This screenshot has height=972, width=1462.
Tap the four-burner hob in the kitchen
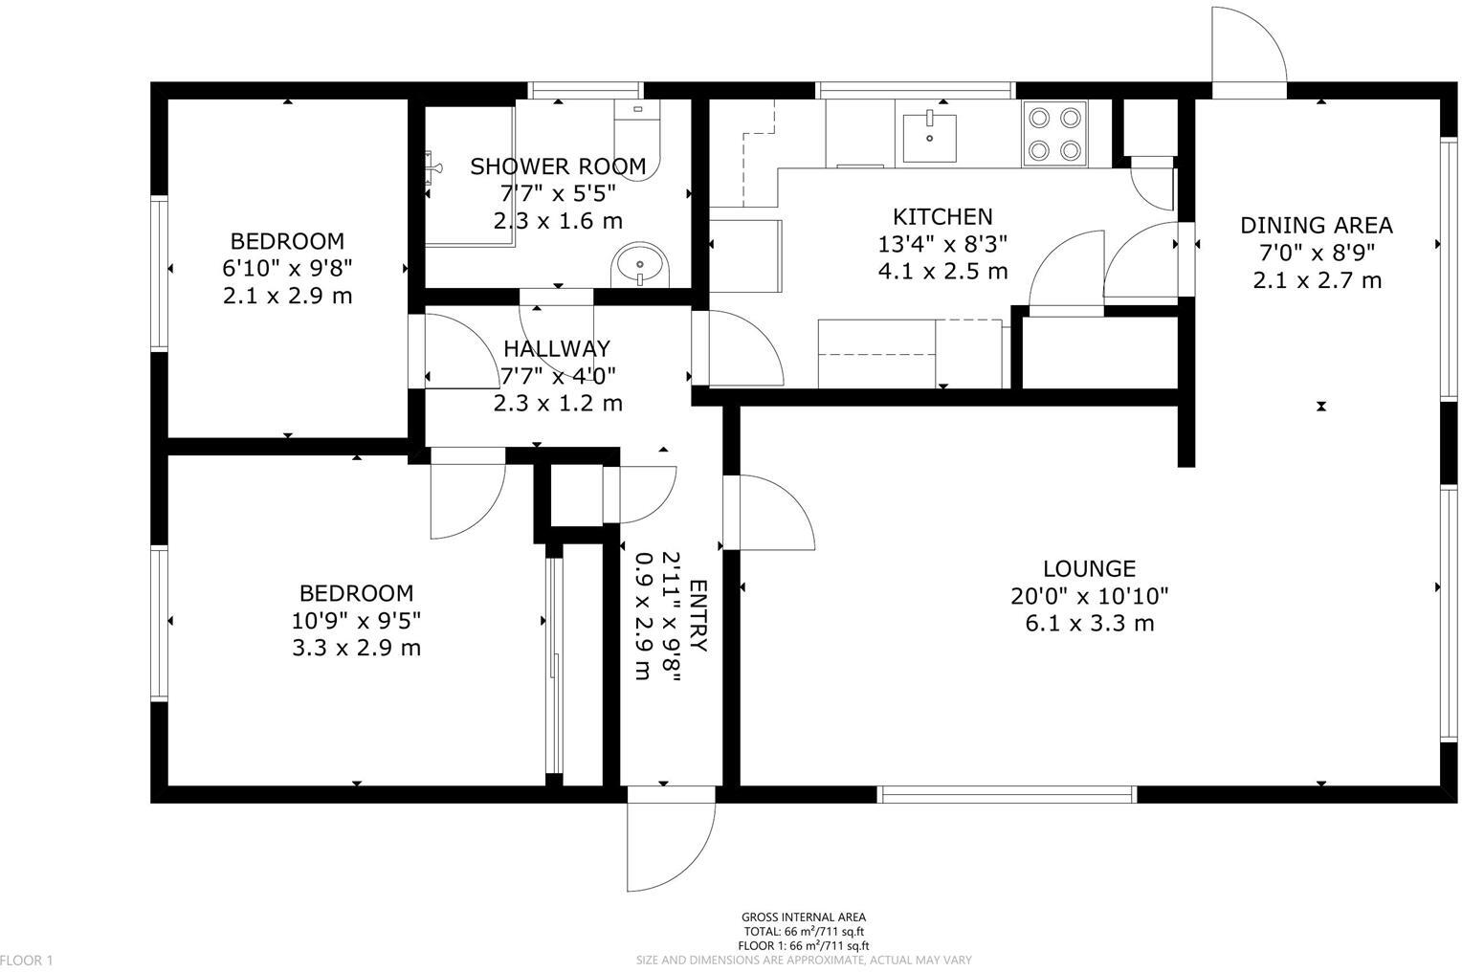(1053, 133)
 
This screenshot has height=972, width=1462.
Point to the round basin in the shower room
(640, 265)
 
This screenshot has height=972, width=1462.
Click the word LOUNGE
(1089, 568)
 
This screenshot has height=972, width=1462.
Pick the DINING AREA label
(1317, 226)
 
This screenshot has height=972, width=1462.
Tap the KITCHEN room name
(942, 216)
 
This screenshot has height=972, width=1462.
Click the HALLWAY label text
(557, 348)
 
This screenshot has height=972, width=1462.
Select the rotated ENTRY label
(698, 616)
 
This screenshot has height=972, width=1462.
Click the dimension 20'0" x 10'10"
(1089, 596)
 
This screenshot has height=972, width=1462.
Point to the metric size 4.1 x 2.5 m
(942, 272)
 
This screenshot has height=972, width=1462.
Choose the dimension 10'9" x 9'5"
(356, 620)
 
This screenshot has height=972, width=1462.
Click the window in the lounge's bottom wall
(1008, 794)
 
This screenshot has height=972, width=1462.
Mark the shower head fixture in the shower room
(434, 168)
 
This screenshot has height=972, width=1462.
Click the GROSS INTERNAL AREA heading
(804, 917)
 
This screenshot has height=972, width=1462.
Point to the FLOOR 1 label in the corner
(28, 960)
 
